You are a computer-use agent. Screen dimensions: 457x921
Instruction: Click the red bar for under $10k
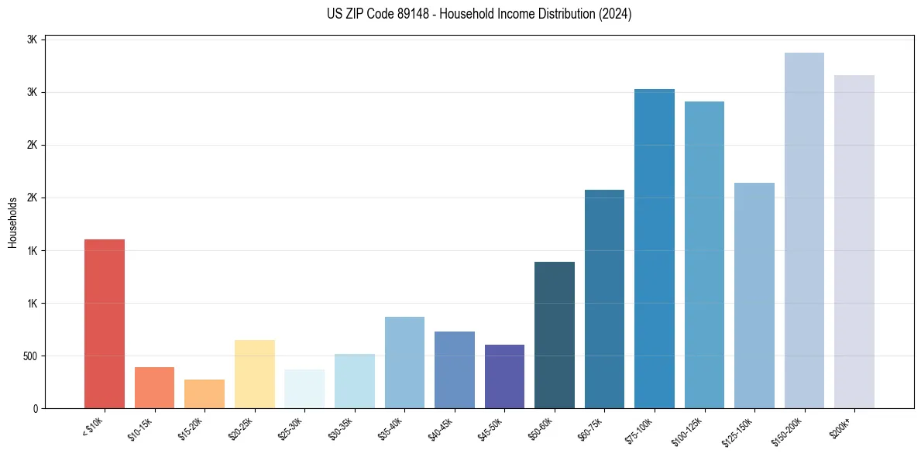pyautogui.click(x=105, y=324)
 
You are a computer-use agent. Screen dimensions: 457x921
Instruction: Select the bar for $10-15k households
pyautogui.click(x=154, y=387)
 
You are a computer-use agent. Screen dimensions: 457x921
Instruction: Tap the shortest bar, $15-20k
pyautogui.click(x=204, y=393)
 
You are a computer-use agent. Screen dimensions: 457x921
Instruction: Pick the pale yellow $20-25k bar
pyautogui.click(x=255, y=374)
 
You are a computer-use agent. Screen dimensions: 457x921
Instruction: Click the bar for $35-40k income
pyautogui.click(x=404, y=363)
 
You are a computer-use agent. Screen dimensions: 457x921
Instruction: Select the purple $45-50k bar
pyautogui.click(x=504, y=376)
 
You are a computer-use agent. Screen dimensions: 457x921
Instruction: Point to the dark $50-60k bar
pyautogui.click(x=555, y=335)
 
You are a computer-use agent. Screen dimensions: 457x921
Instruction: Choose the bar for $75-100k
pyautogui.click(x=655, y=249)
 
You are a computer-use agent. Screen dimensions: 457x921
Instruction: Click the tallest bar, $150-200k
pyautogui.click(x=804, y=230)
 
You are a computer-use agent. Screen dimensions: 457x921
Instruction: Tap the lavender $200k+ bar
pyautogui.click(x=854, y=242)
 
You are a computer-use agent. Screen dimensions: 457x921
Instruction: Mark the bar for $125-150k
pyautogui.click(x=754, y=295)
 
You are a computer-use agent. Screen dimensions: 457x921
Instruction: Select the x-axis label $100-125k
pyautogui.click(x=691, y=431)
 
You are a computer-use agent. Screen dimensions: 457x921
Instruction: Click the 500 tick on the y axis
pyautogui.click(x=30, y=356)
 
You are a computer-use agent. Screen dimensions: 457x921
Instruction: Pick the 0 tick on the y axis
pyautogui.click(x=36, y=409)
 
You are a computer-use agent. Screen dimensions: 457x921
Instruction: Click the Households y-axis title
pyautogui.click(x=12, y=222)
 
